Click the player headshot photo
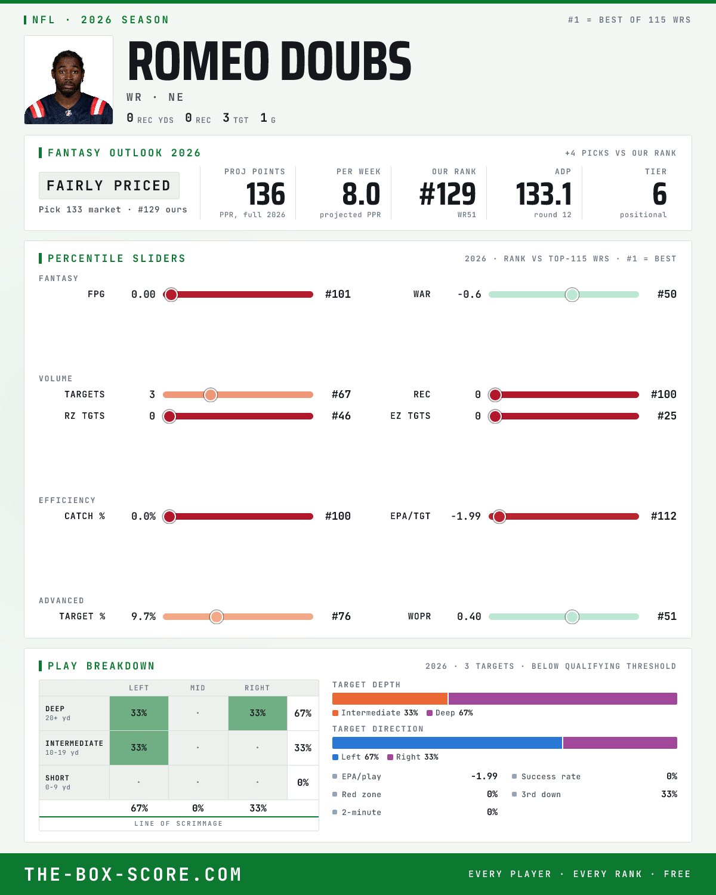69,80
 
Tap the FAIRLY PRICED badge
109,186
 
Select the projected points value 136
266,195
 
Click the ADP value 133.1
544,195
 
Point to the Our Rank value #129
447,195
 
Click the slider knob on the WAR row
572,294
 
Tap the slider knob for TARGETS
211,394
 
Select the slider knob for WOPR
572,617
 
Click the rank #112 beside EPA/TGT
663,516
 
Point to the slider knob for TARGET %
217,617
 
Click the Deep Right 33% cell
258,713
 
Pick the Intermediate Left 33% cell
139,748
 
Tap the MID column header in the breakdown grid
197,688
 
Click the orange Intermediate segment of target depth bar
390,699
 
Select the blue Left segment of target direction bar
447,743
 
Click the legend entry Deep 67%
450,713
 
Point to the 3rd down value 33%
669,794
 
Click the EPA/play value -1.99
484,776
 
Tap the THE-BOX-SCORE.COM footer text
133,874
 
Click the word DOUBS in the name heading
345,61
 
